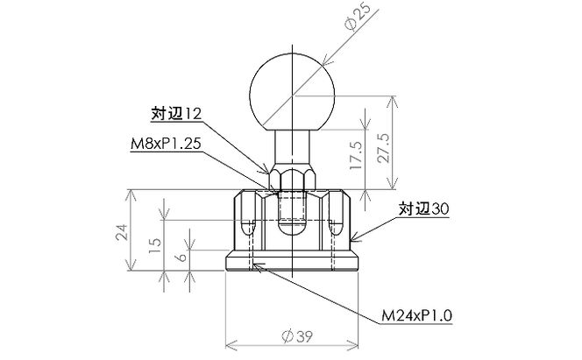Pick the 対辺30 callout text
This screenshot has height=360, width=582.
[424, 210]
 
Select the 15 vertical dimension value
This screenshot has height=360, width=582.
[155, 243]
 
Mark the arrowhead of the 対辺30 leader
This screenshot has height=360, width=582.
[353, 241]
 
